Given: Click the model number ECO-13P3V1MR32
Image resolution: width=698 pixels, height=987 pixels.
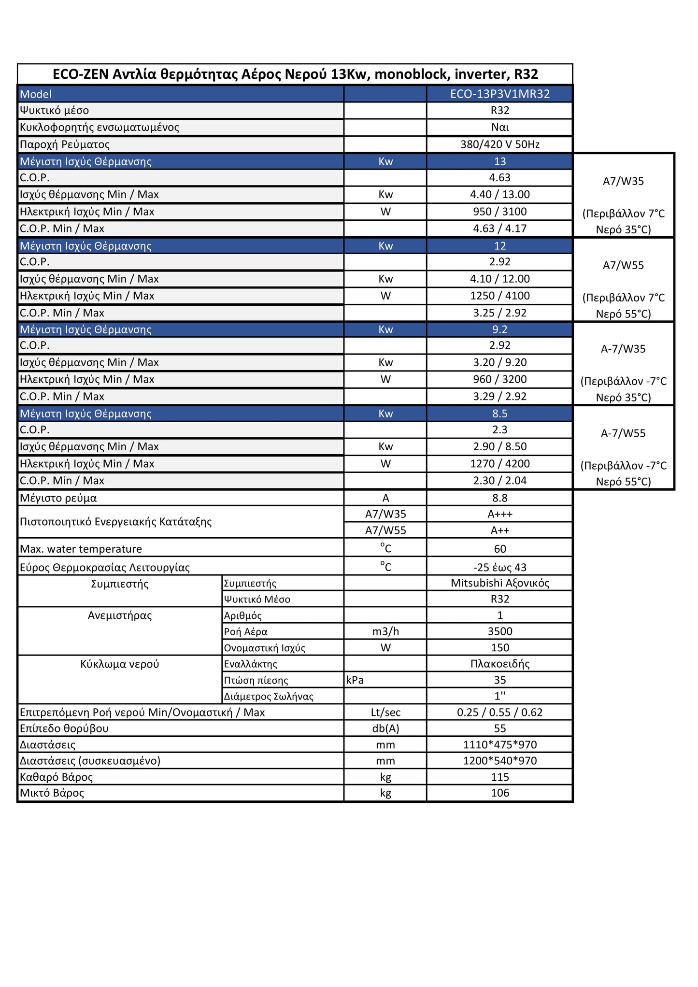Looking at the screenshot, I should tap(499, 94).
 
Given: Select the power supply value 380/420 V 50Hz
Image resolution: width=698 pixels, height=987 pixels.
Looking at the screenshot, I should tap(499, 144).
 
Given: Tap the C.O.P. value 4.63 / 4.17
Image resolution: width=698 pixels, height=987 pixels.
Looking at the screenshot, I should tap(499, 229).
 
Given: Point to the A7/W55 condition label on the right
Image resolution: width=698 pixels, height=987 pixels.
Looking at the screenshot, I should tap(623, 265).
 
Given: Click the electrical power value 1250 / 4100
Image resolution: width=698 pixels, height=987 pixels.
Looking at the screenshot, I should tap(499, 296).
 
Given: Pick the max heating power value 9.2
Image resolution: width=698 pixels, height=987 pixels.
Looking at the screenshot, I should tap(499, 329).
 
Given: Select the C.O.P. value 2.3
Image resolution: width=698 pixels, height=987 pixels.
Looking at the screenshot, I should tap(499, 429).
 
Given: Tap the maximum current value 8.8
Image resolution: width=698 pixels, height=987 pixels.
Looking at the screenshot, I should tap(499, 498).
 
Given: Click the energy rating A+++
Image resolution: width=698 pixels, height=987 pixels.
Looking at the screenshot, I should tap(499, 514).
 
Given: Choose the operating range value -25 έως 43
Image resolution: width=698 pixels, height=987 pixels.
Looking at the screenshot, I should tap(499, 567).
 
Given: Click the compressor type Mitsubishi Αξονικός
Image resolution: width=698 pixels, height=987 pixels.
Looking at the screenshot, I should tap(499, 583).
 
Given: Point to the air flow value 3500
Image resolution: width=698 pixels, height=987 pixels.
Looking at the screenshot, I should tap(499, 631).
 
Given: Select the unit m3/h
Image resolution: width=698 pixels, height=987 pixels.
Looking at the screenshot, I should tap(385, 631).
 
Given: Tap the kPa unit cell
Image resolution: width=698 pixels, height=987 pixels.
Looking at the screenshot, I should tap(355, 680).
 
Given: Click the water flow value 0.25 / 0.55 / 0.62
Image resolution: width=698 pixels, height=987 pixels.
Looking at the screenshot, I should tap(499, 712).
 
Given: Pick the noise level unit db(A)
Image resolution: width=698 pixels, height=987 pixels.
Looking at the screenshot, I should tap(385, 729).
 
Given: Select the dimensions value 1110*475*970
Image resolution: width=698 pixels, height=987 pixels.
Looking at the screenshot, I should tap(499, 745).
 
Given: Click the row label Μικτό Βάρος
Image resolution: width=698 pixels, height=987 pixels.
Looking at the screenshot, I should tap(52, 793).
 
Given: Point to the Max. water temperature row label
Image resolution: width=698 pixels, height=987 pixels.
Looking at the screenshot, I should tap(81, 549).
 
